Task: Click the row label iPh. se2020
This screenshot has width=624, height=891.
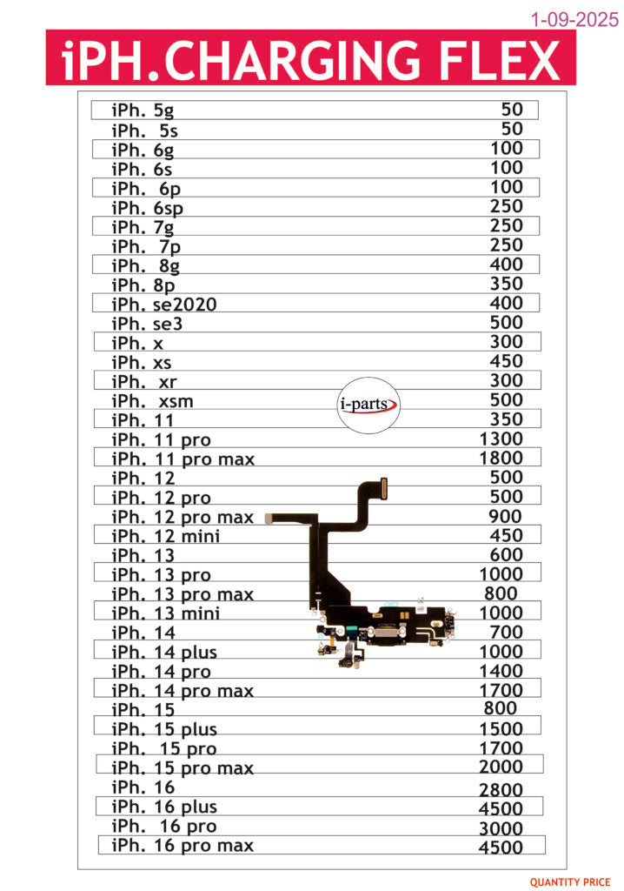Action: coord(164,304)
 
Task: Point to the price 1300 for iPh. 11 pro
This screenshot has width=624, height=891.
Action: coord(501,439)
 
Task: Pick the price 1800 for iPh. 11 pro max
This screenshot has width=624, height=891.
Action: coord(501,459)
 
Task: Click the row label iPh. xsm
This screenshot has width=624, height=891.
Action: coord(152,400)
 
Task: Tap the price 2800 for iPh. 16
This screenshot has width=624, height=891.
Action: coord(501,790)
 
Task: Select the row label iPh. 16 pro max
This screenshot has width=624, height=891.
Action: coord(183,846)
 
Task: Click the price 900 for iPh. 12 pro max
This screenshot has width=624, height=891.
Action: coord(507,517)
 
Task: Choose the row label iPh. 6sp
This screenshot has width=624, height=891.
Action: coord(147,208)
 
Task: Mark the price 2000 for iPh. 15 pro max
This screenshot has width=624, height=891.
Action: coord(501,767)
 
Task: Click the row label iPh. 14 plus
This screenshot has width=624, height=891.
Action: coord(164,653)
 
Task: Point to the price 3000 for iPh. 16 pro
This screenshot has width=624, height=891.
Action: coord(501,827)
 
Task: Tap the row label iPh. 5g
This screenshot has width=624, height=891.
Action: coord(143,111)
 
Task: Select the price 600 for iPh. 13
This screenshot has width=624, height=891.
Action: coord(507,555)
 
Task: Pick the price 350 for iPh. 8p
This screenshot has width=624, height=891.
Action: coord(507,284)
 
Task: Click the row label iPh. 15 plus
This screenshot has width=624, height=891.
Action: coord(164,729)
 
